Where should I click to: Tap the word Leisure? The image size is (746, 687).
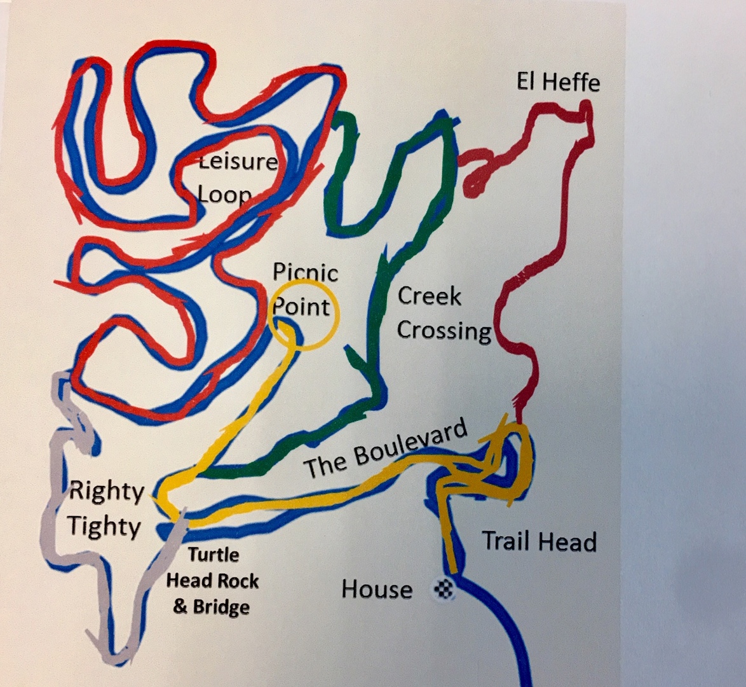237,161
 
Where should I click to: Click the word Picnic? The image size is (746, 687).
305,272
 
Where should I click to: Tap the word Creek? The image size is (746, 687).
429,296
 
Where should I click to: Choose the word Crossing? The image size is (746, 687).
444,330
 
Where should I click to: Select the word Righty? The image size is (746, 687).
107,491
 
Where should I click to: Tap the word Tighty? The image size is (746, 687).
104,526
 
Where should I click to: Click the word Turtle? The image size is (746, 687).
213,555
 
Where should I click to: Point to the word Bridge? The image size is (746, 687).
221,607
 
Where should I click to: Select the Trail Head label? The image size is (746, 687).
539,541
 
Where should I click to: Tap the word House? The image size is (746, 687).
377,589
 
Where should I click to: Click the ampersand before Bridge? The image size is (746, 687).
180,607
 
